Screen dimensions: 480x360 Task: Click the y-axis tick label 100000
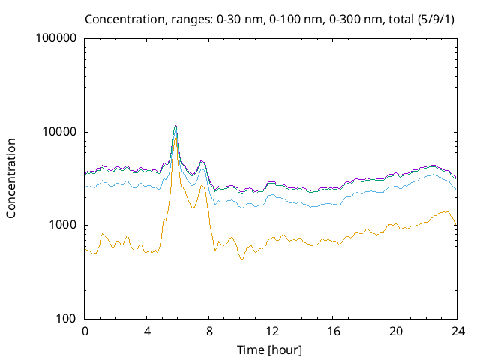point(56,38)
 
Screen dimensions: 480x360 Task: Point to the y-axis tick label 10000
point(59,132)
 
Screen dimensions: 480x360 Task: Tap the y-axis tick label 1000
point(62,225)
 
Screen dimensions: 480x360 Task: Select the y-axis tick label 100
point(66,319)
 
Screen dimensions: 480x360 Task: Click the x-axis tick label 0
point(85,331)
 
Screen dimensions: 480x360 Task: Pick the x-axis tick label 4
point(147,331)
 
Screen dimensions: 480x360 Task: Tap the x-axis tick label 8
point(209,331)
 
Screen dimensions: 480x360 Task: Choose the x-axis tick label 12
point(271,331)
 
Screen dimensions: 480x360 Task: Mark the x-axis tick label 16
point(334,331)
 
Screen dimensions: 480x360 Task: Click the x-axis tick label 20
point(395,331)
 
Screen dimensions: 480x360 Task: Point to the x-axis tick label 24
point(457,331)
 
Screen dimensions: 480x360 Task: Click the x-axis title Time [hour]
point(269,349)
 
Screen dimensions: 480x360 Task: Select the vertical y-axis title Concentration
point(11,178)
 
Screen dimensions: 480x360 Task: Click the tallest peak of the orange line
point(175,138)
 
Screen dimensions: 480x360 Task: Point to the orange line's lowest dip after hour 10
point(241,259)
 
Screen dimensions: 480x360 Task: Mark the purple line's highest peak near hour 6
point(175,126)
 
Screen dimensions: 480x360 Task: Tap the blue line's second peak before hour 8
point(202,169)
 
